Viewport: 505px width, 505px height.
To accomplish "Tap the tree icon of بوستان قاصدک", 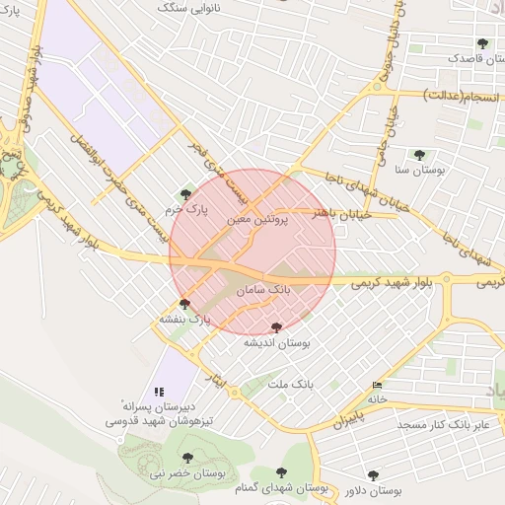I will [x=482, y=43].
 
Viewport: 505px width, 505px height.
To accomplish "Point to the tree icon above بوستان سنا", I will [x=419, y=154].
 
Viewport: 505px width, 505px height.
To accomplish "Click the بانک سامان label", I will [x=265, y=292].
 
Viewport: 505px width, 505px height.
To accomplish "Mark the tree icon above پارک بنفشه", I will [x=184, y=303].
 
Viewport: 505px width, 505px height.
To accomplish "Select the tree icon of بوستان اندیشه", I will [x=275, y=326].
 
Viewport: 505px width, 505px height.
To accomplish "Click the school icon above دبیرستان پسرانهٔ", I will [x=159, y=392].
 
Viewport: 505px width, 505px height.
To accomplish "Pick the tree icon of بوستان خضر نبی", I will [x=187, y=458].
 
